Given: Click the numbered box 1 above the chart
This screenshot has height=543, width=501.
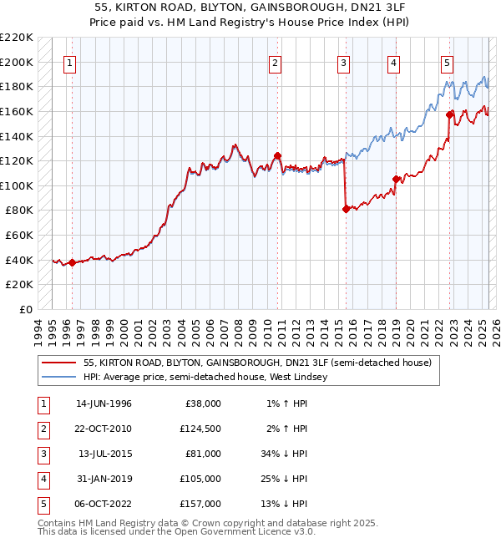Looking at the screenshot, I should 70,63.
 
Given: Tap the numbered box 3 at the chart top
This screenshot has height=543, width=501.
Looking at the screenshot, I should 343,63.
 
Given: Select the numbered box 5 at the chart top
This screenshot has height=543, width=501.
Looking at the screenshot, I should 448,63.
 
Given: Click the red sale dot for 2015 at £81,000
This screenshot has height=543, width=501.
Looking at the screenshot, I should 346,210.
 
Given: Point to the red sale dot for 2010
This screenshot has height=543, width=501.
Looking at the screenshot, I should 278,155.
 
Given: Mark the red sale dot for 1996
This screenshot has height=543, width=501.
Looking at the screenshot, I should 72,262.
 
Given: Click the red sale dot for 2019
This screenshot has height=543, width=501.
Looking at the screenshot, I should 396,179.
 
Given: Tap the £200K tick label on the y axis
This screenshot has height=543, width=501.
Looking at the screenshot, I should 18,62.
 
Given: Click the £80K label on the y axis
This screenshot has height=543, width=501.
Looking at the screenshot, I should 20,211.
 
